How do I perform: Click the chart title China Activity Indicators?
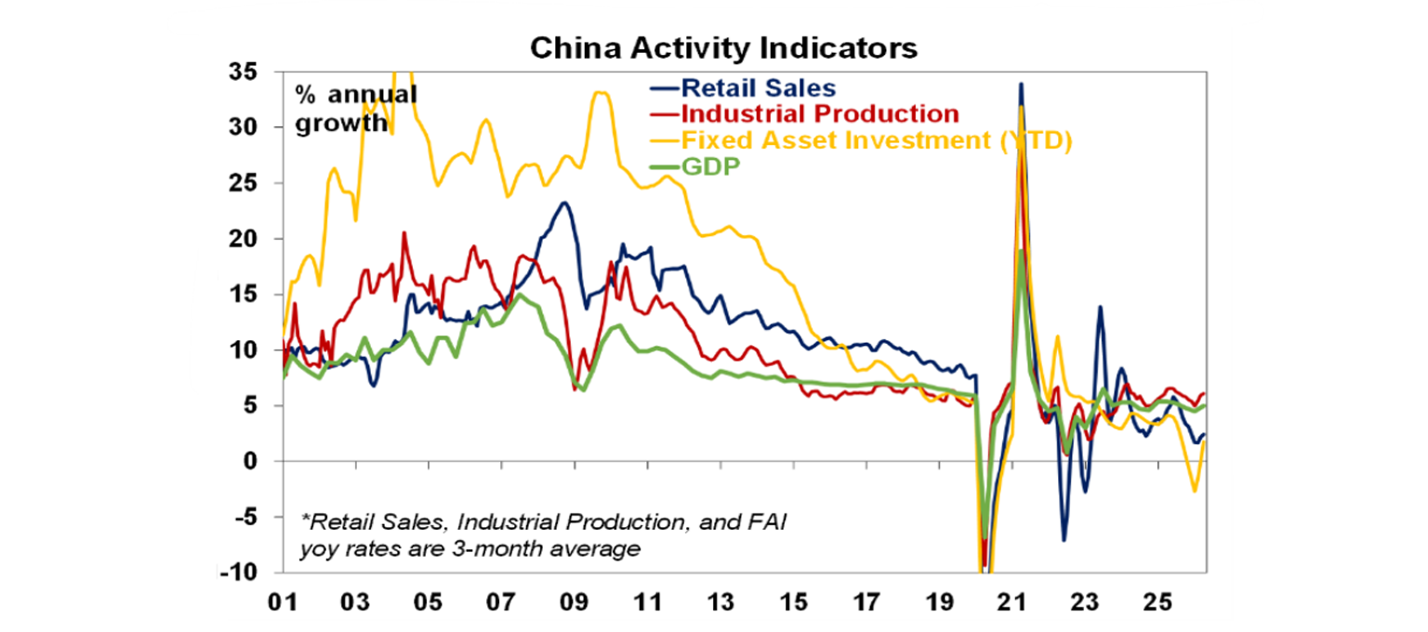click(723, 48)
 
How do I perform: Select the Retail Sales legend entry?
click(758, 89)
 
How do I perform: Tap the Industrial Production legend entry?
click(818, 114)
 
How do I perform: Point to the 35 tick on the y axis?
click(245, 72)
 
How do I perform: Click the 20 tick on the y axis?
click(245, 239)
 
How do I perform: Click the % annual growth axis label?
click(355, 109)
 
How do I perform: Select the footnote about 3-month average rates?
click(542, 536)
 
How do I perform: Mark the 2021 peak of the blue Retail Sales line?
click(1021, 85)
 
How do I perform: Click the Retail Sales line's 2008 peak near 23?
click(563, 203)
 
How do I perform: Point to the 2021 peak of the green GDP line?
click(1021, 251)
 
